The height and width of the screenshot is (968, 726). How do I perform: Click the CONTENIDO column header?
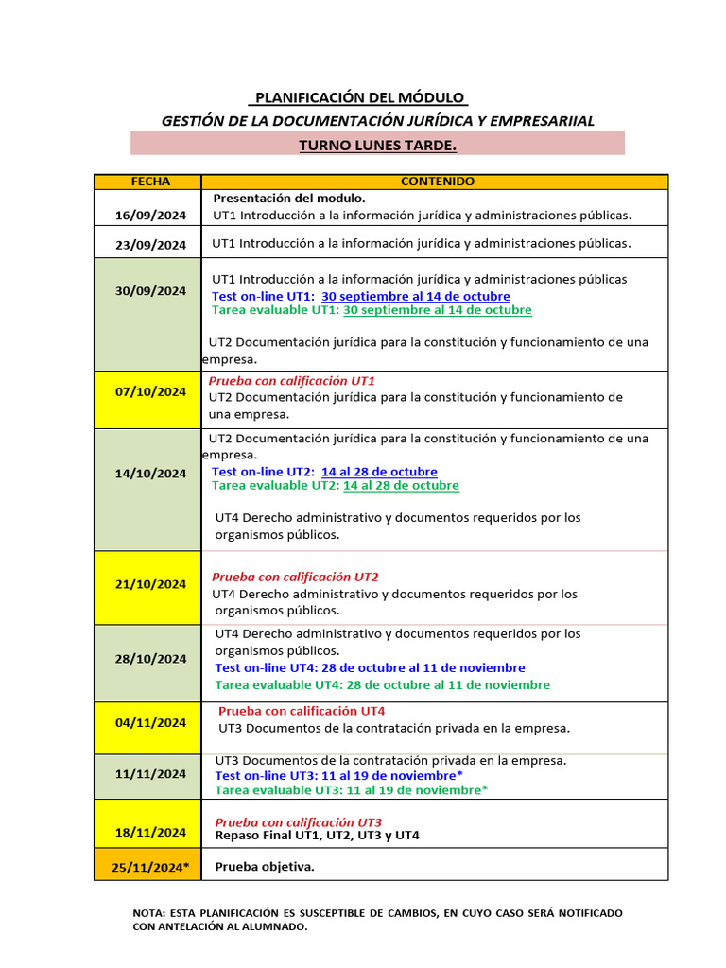click(438, 181)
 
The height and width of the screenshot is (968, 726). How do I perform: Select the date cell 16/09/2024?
click(150, 216)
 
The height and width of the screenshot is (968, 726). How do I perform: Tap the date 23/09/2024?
click(150, 245)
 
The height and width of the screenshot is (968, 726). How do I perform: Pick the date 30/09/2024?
click(150, 291)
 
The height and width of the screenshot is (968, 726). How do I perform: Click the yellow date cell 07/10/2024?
click(150, 391)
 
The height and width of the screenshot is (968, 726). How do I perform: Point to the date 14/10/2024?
click(150, 474)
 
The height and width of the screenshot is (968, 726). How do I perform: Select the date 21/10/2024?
click(150, 584)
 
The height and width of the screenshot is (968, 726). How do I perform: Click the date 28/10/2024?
click(150, 659)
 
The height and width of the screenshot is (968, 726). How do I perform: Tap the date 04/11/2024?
click(150, 723)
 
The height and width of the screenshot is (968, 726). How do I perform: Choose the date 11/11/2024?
click(150, 774)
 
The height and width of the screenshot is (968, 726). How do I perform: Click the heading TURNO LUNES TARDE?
click(377, 145)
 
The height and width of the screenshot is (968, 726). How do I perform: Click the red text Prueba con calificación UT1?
click(291, 381)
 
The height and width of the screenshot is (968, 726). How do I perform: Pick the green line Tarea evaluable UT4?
click(382, 684)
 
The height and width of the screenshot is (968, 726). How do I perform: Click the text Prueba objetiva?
click(265, 867)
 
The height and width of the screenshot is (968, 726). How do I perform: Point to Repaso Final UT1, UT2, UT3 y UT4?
click(317, 836)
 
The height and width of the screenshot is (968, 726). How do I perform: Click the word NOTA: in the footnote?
click(148, 913)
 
